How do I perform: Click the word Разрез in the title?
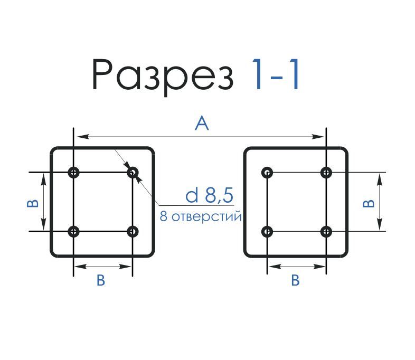(163, 74)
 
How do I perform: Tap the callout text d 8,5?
(209, 196)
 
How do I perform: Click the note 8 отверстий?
(200, 216)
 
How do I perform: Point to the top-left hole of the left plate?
(73, 172)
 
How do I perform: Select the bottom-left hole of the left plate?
(73, 231)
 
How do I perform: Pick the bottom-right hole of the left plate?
(133, 231)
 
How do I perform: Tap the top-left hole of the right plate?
(268, 172)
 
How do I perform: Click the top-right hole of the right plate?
(326, 172)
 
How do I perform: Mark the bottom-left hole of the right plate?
(268, 231)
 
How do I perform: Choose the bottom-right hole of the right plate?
(326, 231)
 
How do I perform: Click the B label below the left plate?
(101, 281)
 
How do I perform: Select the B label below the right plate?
(296, 280)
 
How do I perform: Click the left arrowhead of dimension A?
(79, 137)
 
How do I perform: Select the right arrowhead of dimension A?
(320, 137)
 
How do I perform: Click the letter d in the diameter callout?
(192, 196)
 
